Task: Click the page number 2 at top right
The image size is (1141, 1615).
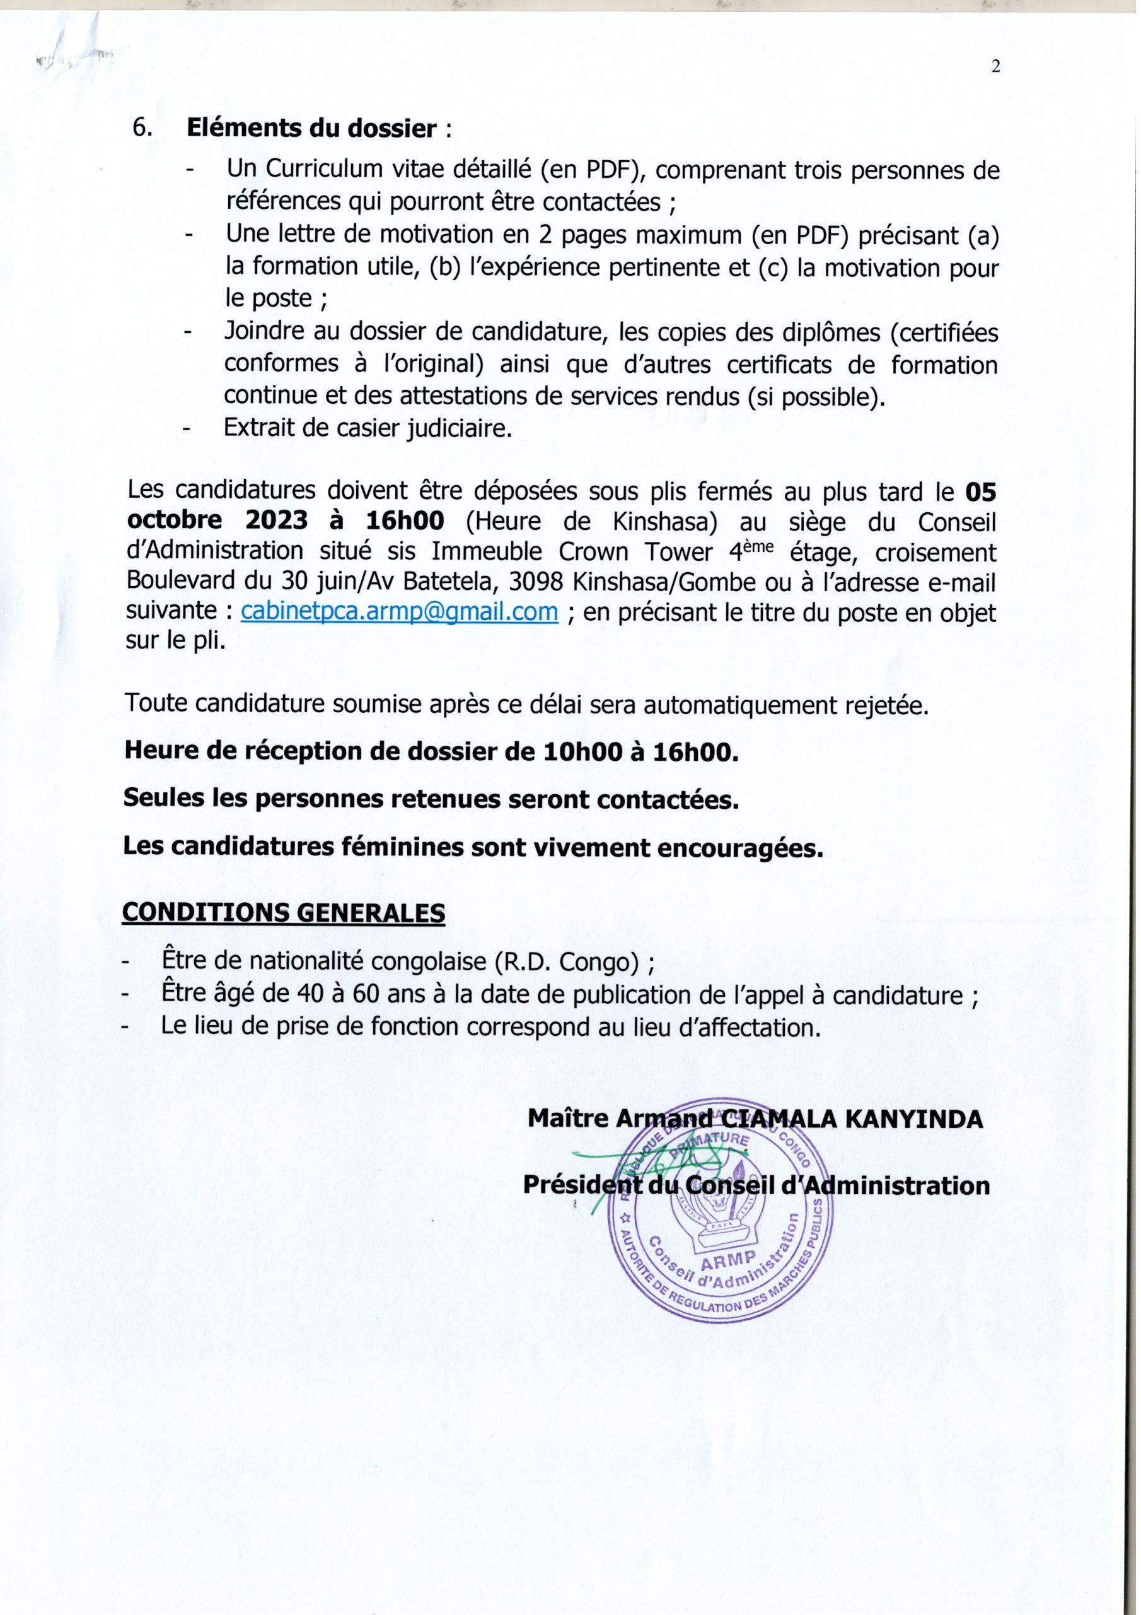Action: pyautogui.click(x=995, y=68)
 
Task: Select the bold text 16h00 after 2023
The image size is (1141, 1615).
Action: pyautogui.click(x=403, y=521)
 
